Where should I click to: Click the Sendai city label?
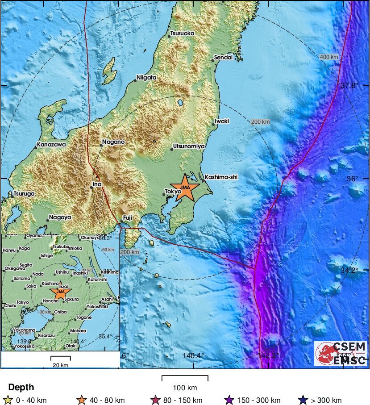[224, 58]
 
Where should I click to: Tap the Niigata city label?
[146, 78]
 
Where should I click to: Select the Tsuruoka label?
[183, 33]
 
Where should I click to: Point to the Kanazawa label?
[51, 145]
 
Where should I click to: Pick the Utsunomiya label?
[189, 146]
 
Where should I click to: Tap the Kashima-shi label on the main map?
[221, 177]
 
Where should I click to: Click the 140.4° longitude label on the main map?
[193, 355]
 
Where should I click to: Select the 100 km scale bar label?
[185, 387]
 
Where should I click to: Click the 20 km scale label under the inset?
[60, 365]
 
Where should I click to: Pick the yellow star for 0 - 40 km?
[8, 400]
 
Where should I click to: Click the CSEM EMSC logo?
[341, 354]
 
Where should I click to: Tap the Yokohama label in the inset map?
[24, 330]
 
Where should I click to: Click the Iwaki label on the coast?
[222, 121]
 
